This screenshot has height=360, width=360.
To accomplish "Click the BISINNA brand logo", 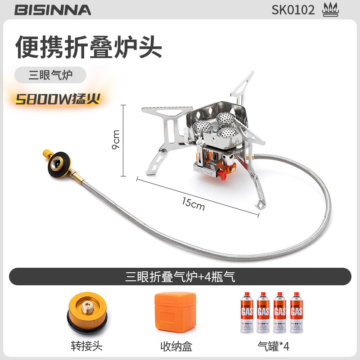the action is pos(53,9).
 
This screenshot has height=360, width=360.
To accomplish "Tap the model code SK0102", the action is pos(293,9).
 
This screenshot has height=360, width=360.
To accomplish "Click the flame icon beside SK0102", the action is pos(331,9).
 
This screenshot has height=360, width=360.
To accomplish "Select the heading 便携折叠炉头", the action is pos(89,47).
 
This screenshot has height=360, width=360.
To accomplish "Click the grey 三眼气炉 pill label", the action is pos(50,75).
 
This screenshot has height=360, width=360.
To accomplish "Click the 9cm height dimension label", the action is pos(116,139).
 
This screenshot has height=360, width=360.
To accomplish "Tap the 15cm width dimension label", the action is pos(193,204).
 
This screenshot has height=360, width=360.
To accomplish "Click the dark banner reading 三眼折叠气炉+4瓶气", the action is pos(180,276).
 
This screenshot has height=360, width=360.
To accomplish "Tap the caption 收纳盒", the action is pos(176,346).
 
